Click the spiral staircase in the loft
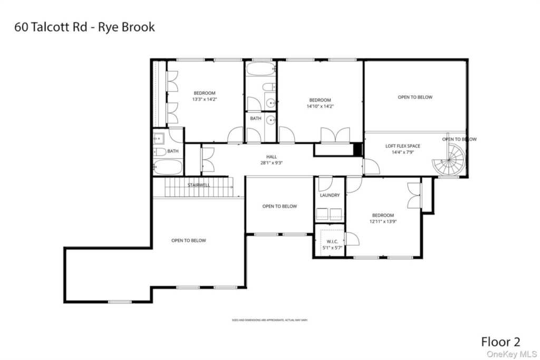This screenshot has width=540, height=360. [449, 160]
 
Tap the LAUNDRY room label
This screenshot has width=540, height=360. [330, 196]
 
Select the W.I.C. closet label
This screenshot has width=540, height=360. [330, 241]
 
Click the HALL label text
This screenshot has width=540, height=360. [272, 157]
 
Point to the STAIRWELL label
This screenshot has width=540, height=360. [199, 185]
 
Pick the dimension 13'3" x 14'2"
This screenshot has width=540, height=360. [205, 99]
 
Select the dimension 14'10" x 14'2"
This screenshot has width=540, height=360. [320, 106]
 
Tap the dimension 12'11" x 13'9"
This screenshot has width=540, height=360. [383, 221]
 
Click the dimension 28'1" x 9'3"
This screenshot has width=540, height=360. [272, 163]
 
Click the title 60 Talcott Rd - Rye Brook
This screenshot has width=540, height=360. [85, 27]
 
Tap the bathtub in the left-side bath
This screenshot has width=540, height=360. [168, 168]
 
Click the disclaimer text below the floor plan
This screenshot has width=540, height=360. [269, 320]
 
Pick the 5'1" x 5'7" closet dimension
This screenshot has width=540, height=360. [330, 248]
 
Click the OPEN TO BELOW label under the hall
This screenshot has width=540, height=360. [279, 206]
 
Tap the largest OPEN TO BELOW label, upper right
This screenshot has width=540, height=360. [415, 97]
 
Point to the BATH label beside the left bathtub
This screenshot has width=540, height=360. [173, 151]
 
